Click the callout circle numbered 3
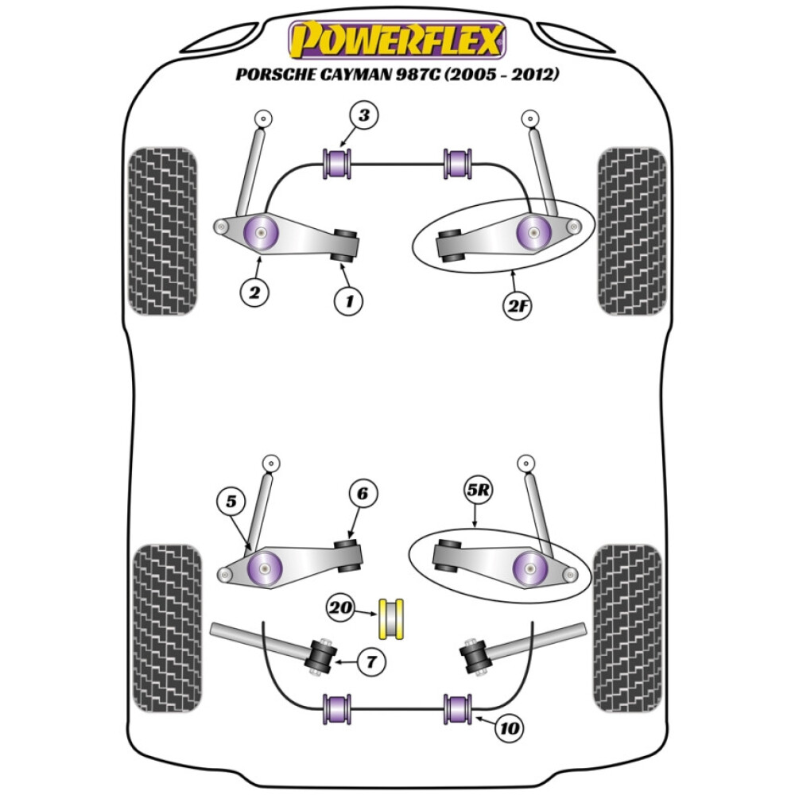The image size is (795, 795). (363, 117)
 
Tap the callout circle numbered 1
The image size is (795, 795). (348, 301)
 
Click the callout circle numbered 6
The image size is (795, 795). (362, 494)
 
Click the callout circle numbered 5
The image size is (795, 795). (231, 502)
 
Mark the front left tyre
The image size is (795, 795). (162, 231)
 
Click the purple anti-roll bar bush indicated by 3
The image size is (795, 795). (340, 163)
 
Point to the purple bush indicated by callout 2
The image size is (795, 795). (262, 231)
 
